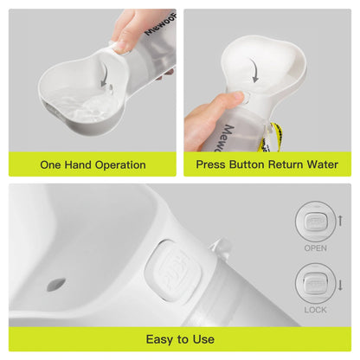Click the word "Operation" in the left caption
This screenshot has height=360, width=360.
pos(117,164)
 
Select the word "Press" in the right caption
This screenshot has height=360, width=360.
pos(214,164)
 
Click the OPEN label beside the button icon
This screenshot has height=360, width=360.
pos(315,247)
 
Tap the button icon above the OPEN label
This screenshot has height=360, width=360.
pos(315,222)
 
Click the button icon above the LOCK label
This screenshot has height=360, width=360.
pos(315,281)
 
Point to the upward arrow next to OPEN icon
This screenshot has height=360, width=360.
pos(340,222)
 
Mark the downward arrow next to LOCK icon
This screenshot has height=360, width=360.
pos(340,284)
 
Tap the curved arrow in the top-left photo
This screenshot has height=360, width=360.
pos(106,79)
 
